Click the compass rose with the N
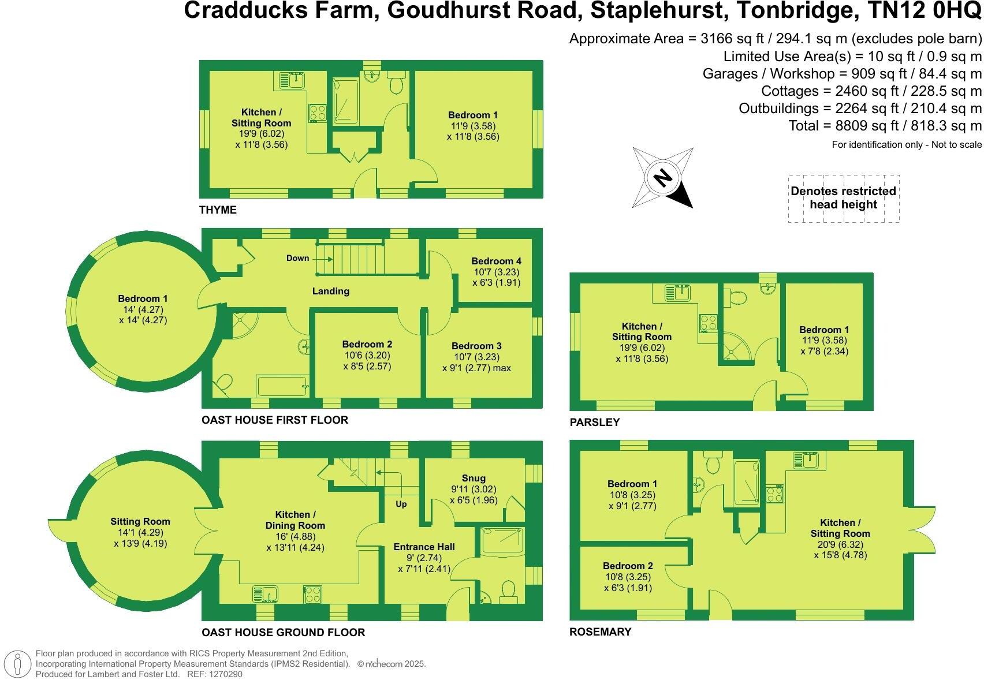[x=663, y=178]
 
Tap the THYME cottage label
[x=218, y=210]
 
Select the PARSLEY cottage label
[x=595, y=423]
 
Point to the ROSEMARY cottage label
[x=601, y=632]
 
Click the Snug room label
[x=474, y=478]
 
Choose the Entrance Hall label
[x=424, y=547]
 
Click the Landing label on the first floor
[x=331, y=291]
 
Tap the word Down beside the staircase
[x=298, y=258]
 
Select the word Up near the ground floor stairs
[x=401, y=504]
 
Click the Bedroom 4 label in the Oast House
[x=497, y=261]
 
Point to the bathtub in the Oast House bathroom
[x=282, y=386]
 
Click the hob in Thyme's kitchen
[x=318, y=113]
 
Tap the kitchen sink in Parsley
[x=677, y=292]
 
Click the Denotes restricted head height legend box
[x=844, y=199]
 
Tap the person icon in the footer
[x=17, y=663]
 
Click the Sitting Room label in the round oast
[x=140, y=521]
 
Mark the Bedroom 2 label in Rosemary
[x=628, y=566]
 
